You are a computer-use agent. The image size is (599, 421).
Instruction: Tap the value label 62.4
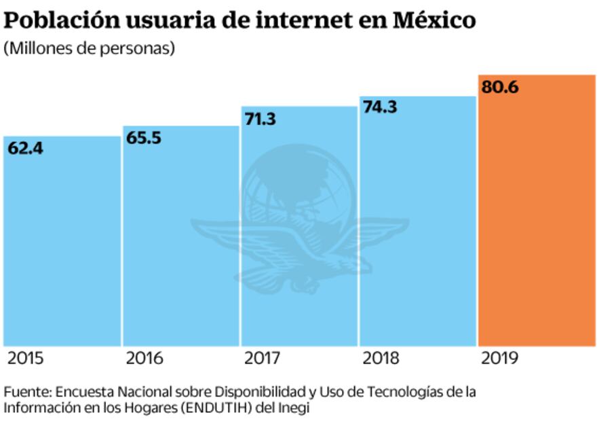26,148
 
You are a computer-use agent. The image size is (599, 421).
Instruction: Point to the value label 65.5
144,138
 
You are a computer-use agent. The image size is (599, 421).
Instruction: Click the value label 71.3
261,119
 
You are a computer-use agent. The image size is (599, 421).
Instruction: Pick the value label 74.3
380,108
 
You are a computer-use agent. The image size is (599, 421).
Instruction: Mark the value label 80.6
500,87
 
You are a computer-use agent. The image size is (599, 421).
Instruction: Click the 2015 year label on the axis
25,358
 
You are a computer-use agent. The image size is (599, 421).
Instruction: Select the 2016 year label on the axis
144,358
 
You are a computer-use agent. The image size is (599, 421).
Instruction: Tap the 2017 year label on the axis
263,358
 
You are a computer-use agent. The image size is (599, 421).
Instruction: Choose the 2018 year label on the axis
381,358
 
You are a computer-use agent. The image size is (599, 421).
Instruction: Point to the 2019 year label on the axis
499,358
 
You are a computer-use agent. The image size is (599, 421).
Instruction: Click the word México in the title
433,20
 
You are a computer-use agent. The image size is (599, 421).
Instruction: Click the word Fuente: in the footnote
26,392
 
